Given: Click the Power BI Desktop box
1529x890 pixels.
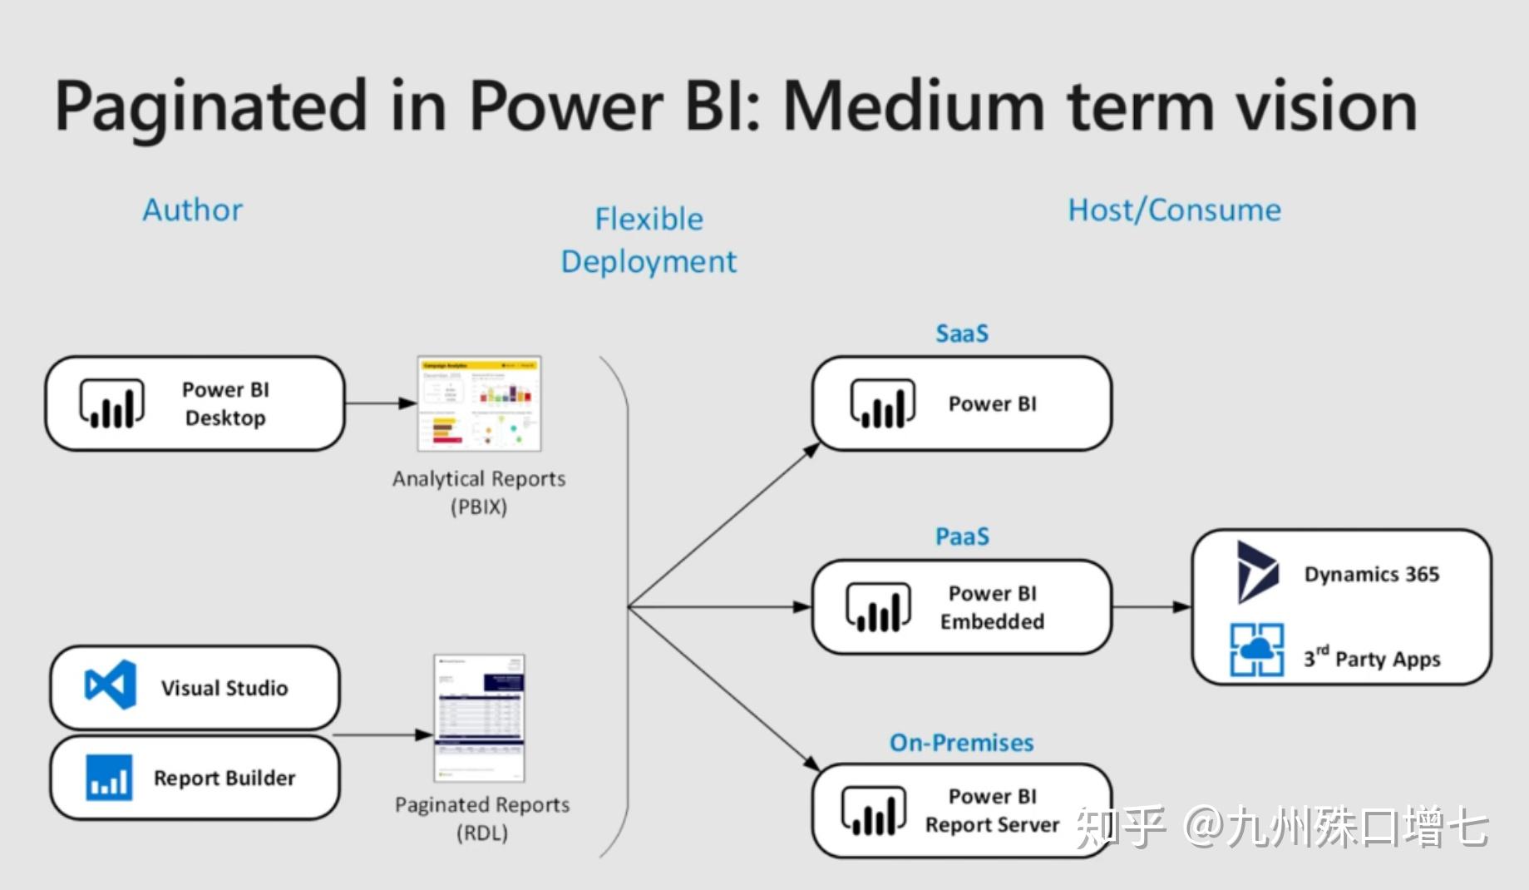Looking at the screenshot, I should click(x=195, y=404).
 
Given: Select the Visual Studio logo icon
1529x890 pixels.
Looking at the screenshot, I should click(x=111, y=685).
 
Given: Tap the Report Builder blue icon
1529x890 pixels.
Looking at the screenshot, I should click(x=109, y=777).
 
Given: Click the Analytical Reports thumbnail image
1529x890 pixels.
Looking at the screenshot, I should click(x=479, y=403).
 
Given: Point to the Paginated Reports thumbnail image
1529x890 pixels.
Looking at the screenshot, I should click(x=480, y=718).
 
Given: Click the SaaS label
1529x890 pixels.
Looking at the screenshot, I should click(x=962, y=334).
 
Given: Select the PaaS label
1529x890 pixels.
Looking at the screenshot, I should click(x=962, y=536).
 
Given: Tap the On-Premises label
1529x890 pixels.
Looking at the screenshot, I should click(x=962, y=742).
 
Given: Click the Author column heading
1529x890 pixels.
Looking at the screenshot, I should click(x=193, y=210).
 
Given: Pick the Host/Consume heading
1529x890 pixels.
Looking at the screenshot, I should click(x=1174, y=210).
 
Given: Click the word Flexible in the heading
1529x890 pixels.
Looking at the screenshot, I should click(x=649, y=219).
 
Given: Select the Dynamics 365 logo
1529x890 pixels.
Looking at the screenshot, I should click(x=1255, y=572).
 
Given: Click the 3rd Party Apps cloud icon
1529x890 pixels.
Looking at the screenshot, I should click(x=1256, y=650).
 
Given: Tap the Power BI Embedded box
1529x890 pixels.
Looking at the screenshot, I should click(x=962, y=607).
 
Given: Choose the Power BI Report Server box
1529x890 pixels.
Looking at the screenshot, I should click(x=962, y=810).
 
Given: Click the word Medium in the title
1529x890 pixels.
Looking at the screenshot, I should click(x=912, y=106).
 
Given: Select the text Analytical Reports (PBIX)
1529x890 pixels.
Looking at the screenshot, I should click(x=479, y=492).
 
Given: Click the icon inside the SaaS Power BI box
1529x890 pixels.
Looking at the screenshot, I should click(x=882, y=404).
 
